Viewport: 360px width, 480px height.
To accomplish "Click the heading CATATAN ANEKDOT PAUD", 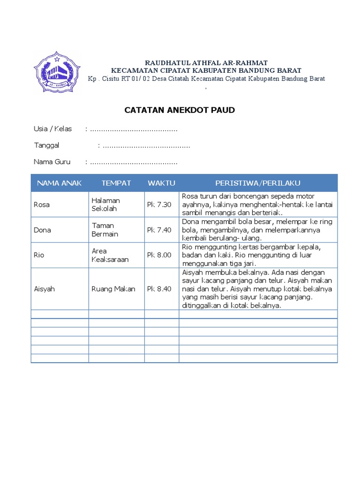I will pos(180,110).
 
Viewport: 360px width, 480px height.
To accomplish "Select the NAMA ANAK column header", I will pos(60,183).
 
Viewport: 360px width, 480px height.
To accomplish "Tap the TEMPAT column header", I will pos(116,183).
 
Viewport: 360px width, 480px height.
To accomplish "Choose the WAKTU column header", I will pos(161,183).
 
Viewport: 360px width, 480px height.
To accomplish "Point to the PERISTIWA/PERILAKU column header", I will pos(258,183).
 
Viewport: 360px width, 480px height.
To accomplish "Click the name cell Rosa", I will pos(42,204).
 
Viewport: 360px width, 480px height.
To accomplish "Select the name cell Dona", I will pos(43,230).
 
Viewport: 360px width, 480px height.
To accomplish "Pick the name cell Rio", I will pos(39,255).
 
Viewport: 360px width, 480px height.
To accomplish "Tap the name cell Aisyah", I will pos(45,289).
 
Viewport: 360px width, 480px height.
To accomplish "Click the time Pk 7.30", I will pos(159,204).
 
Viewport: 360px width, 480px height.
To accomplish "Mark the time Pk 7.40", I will pos(159,230).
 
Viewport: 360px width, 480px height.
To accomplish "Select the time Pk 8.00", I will pos(159,255).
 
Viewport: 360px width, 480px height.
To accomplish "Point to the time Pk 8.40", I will pos(159,289).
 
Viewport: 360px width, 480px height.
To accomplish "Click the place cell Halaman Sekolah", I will pos(106,204).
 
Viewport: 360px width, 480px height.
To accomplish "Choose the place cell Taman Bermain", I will pos(105,230).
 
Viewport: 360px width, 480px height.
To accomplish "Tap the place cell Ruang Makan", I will pos(113,289).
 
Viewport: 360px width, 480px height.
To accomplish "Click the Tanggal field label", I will pos(46,145).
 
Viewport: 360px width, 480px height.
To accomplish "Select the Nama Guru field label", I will pos(52,162).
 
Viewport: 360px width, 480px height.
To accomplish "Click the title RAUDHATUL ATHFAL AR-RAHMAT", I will pos(206,62).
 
